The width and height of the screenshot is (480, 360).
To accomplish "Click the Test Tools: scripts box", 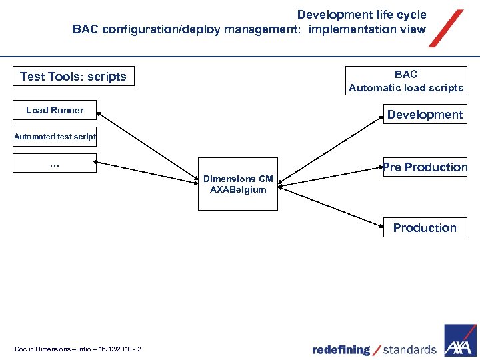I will pyautogui.click(x=73, y=77).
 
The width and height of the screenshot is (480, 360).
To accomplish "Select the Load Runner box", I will pyautogui.click(x=55, y=111).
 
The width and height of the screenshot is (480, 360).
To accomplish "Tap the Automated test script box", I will pyautogui.click(x=55, y=137).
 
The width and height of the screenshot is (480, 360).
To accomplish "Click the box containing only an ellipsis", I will pyautogui.click(x=55, y=163).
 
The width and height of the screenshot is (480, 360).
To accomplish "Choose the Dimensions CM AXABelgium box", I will pyautogui.click(x=238, y=185).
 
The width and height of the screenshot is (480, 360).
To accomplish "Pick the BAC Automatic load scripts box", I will pyautogui.click(x=405, y=81).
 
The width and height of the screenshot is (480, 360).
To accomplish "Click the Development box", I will pyautogui.click(x=425, y=115).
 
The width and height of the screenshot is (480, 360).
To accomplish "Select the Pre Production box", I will pyautogui.click(x=425, y=167).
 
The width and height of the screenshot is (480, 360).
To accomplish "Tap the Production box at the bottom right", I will pyautogui.click(x=425, y=228).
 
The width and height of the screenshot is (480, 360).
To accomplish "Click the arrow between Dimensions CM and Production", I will pyautogui.click(x=330, y=203).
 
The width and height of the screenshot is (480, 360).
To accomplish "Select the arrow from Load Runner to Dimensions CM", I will pyautogui.click(x=150, y=147).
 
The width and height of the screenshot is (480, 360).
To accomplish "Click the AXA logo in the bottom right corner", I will pyautogui.click(x=461, y=341).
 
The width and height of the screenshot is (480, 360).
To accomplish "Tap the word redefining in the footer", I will pyautogui.click(x=341, y=350).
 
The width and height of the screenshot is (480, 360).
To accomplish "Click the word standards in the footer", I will pyautogui.click(x=409, y=350).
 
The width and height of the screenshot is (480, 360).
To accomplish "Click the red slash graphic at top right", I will pyautogui.click(x=445, y=29).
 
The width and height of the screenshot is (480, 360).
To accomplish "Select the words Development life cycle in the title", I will pyautogui.click(x=361, y=15).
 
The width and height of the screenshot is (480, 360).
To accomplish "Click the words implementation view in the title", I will pyautogui.click(x=367, y=29).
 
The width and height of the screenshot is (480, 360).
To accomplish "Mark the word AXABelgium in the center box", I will pyautogui.click(x=238, y=190).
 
